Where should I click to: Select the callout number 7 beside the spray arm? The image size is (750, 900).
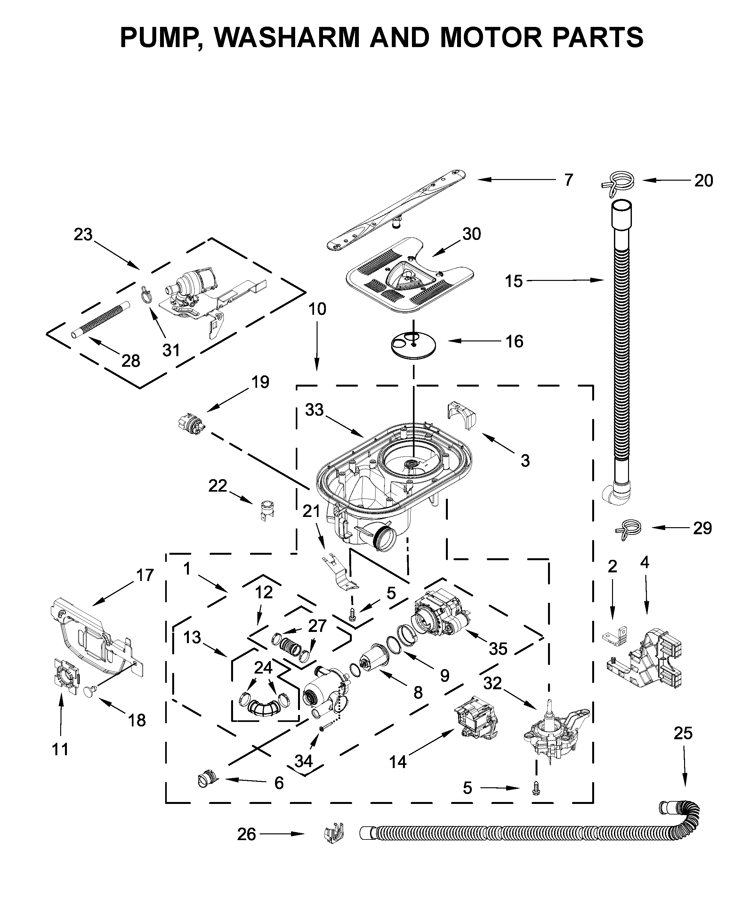568,180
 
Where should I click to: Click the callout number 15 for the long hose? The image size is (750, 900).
513,281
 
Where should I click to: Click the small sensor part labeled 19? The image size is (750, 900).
191,422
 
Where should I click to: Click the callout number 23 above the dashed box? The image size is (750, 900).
83,234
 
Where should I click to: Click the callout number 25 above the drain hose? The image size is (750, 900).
683,733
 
